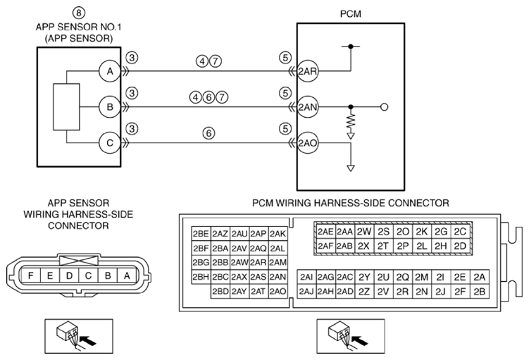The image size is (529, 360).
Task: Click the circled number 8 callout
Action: [x=79, y=13]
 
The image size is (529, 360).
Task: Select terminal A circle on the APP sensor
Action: [x=110, y=71]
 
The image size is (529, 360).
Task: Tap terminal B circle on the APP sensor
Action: [x=110, y=107]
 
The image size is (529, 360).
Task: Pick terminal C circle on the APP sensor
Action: [x=110, y=143]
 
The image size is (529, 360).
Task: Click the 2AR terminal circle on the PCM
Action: [x=307, y=71]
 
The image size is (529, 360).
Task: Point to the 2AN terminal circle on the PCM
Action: [x=307, y=107]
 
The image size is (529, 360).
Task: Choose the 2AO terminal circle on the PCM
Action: [x=307, y=143]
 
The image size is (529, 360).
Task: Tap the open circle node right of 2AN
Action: [x=384, y=107]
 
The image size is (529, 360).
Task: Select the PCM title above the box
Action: [x=351, y=14]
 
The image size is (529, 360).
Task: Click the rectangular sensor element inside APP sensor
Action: [x=66, y=107]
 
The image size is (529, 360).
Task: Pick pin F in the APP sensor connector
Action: [x=31, y=276]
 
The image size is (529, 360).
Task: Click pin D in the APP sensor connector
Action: [x=69, y=276]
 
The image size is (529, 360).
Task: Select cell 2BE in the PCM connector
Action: [x=201, y=233]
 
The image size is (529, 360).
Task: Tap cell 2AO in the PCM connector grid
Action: [x=278, y=291]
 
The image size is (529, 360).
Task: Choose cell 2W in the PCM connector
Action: [x=363, y=232]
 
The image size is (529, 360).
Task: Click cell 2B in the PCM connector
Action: [x=480, y=291]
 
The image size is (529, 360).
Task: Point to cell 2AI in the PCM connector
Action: [x=306, y=277]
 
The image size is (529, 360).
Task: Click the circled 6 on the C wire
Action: [x=209, y=133]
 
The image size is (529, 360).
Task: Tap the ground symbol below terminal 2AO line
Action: [x=351, y=168]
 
